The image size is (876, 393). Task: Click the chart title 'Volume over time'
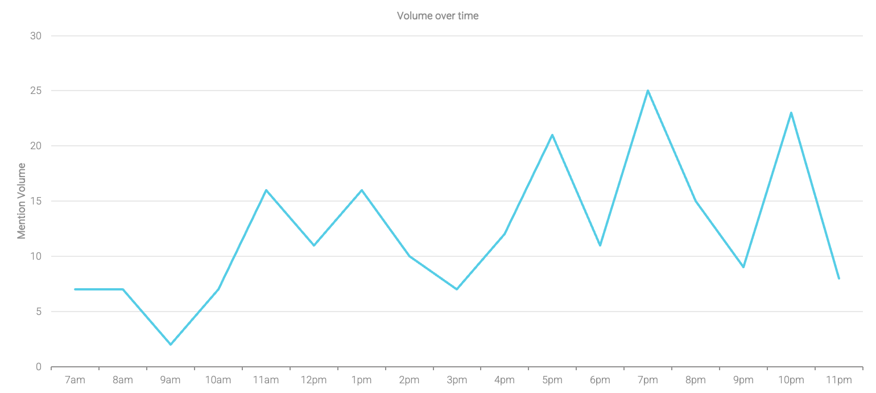click(437, 16)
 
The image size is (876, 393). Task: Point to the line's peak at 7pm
click(648, 91)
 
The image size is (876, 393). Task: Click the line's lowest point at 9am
click(171, 345)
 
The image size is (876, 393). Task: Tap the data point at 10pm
click(791, 113)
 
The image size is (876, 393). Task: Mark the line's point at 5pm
click(552, 135)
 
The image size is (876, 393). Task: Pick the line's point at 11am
click(266, 190)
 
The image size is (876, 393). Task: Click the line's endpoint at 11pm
click(838, 279)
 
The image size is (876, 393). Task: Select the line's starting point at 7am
click(75, 289)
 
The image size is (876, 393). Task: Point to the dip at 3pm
click(457, 289)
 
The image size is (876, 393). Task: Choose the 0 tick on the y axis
click(39, 367)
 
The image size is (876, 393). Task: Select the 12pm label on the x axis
click(313, 380)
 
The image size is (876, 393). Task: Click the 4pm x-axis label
click(505, 380)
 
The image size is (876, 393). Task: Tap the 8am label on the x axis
click(123, 380)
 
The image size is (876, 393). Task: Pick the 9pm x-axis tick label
click(743, 380)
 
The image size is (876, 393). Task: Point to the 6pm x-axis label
click(600, 380)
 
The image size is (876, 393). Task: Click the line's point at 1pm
click(361, 190)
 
